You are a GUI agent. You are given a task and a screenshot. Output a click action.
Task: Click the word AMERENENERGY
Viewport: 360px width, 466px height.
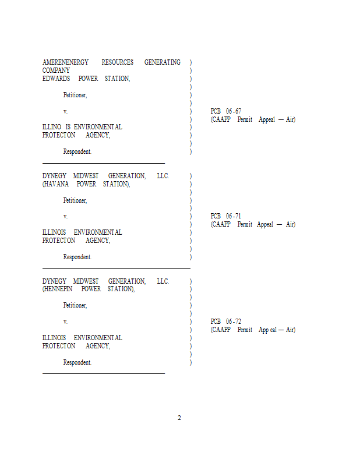point(65,62)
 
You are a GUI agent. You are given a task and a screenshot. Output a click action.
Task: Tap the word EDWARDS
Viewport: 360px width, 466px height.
point(56,79)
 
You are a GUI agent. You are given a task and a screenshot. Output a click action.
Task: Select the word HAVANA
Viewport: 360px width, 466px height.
point(57,184)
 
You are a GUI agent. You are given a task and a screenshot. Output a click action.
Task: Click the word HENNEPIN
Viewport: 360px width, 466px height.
point(59,289)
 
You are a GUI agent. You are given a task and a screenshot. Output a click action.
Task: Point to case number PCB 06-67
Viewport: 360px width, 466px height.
point(225,111)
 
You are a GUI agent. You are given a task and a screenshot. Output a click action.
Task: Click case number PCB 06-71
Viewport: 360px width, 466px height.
point(225,216)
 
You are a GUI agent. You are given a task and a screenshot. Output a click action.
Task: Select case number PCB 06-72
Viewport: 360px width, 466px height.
point(225,322)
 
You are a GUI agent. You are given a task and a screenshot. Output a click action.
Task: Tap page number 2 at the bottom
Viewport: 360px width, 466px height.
point(179,418)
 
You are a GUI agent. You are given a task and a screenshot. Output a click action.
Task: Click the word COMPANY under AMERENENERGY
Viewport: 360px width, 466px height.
point(56,70)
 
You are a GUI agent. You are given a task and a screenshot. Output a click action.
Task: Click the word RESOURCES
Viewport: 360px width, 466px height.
point(117,62)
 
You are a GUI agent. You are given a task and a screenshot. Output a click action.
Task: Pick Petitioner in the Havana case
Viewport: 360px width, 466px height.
point(75,200)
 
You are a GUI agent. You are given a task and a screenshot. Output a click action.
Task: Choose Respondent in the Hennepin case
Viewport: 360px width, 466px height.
point(77,362)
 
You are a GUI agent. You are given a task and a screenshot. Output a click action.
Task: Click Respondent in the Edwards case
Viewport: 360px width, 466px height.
point(77,151)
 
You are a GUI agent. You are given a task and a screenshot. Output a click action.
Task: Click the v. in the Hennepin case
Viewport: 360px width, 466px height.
point(65,322)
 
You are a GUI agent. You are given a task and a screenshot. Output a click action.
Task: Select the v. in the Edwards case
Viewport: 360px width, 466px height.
point(65,111)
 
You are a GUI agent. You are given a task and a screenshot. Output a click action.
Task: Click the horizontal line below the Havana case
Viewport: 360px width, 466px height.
point(117,267)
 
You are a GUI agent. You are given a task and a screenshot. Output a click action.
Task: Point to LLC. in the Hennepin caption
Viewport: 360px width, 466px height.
point(163,281)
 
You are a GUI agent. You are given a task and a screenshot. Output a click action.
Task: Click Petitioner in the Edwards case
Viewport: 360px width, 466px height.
point(75,95)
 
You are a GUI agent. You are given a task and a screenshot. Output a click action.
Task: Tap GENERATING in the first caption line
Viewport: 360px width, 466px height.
point(163,62)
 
